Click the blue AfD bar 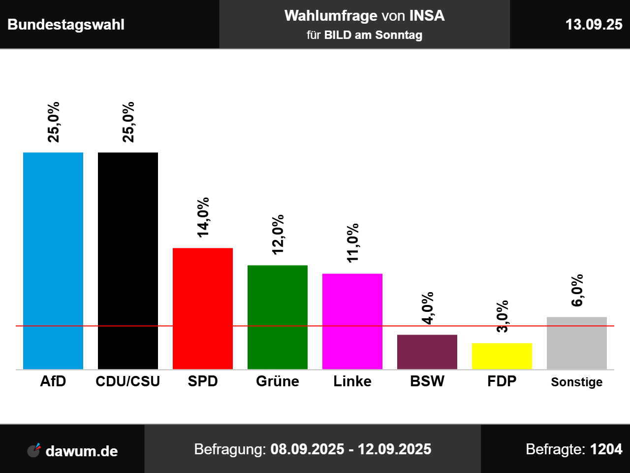[53, 261]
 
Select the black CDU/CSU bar [128, 261]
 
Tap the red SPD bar [203, 308]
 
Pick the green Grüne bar [278, 317]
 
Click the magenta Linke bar [352, 321]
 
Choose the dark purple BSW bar [427, 352]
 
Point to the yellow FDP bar [502, 356]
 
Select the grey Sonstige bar [577, 343]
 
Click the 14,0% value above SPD [203, 217]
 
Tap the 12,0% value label [278, 235]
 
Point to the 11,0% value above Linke [352, 243]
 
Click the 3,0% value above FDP [502, 316]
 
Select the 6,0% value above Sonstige [577, 290]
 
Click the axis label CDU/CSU [128, 381]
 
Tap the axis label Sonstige [577, 382]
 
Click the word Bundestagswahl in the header [66, 25]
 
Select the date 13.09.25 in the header [594, 25]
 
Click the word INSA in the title [427, 16]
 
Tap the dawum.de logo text [81, 451]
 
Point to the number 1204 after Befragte [606, 449]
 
